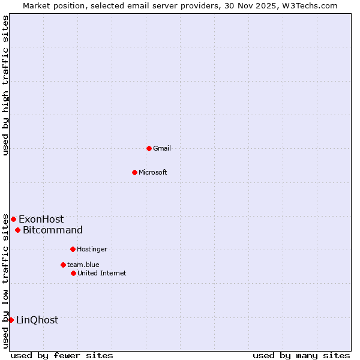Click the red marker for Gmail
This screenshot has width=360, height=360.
coord(149,148)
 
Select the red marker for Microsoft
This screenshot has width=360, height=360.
coord(135,172)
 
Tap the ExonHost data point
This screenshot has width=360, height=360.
coord(13,219)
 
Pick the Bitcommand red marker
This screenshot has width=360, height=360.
coord(18,230)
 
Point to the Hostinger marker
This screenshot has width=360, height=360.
coord(73,249)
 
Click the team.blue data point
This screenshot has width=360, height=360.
coord(63,265)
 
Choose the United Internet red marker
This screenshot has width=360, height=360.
coord(73,273)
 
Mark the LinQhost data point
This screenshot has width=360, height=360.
coord(11,320)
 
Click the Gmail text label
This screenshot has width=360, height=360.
coord(162,148)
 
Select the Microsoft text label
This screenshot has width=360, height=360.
coord(153,172)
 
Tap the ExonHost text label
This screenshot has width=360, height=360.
coord(41,219)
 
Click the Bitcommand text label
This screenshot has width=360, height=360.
coord(53,230)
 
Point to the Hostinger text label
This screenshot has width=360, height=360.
coord(92,249)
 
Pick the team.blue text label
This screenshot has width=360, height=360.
coord(83,265)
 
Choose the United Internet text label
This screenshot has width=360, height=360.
coord(102,273)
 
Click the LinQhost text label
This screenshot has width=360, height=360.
coord(37,320)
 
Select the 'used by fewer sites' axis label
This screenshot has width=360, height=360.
coord(62,355)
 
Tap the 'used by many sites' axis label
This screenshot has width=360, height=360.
coord(301,355)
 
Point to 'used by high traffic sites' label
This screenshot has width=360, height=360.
coord(5,85)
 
